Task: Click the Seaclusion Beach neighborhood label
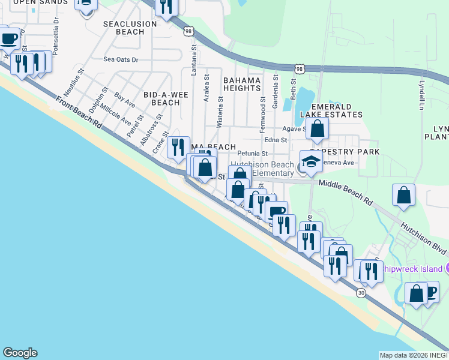130,28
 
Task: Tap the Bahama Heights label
242,84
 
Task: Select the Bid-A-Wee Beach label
161,98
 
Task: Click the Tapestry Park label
345,152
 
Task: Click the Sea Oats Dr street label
121,59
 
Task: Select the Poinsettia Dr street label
55,28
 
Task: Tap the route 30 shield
361,293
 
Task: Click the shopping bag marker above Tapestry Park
317,128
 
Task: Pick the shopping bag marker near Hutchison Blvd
404,195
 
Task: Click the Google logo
20,353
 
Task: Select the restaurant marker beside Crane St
178,148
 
